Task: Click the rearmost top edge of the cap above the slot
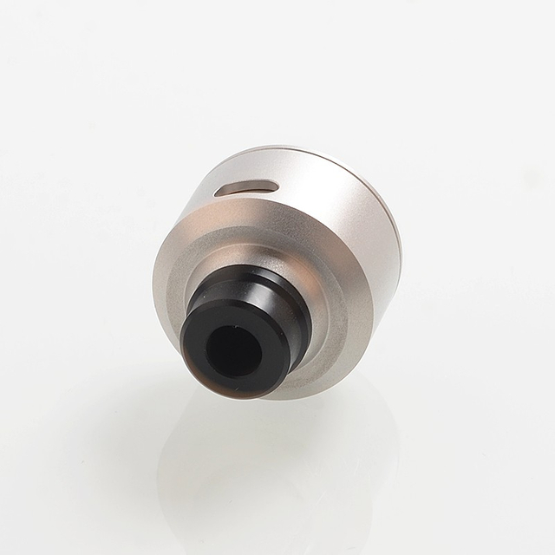(260, 156)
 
